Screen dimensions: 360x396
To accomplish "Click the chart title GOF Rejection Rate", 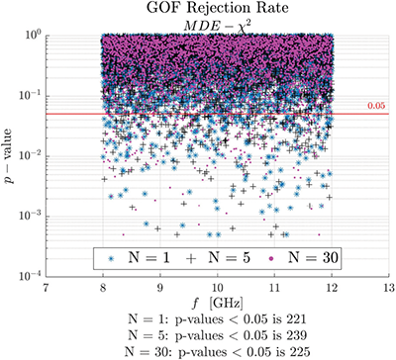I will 202,9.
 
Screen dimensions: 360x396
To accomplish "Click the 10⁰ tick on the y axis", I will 31,35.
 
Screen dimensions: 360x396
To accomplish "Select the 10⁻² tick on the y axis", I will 29,154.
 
